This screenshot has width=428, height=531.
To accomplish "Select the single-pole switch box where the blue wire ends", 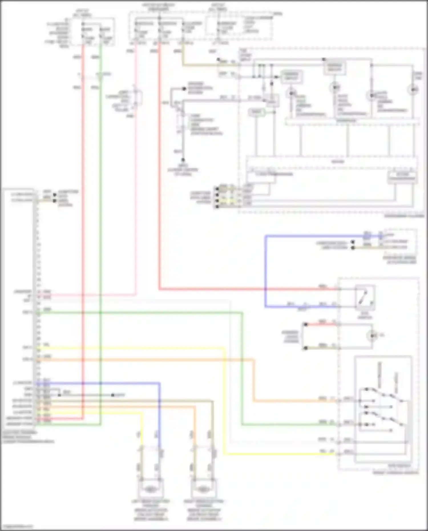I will [x=365, y=297].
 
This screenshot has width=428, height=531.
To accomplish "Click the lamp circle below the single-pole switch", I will [x=372, y=336].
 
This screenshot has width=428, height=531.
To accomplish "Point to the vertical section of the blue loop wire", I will [x=266, y=271].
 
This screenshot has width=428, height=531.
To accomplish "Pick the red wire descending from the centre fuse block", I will [x=159, y=171].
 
